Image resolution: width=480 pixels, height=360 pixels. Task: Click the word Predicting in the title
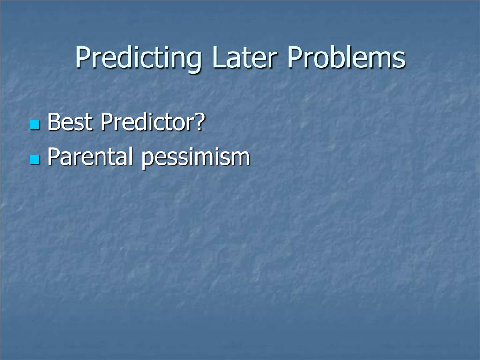coord(138,58)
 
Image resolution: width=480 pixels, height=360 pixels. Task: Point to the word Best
coord(70,122)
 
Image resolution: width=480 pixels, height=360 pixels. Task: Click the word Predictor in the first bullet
coord(147,122)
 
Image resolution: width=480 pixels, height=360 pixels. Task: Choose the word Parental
coord(90,157)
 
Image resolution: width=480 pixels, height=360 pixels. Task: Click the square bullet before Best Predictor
coord(35,125)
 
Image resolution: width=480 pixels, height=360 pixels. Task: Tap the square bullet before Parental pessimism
coord(35,159)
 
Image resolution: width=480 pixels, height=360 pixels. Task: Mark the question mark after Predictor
coord(200,122)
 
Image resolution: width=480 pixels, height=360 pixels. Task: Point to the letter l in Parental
coord(130,157)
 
